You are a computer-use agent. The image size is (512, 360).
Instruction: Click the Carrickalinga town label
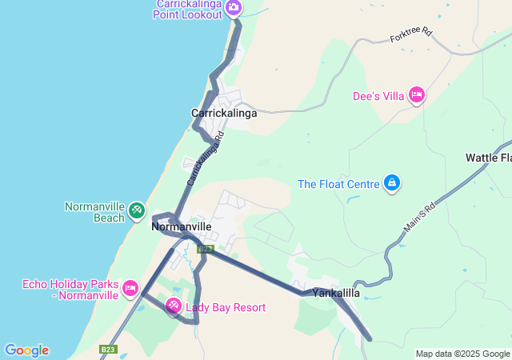pos(224,114)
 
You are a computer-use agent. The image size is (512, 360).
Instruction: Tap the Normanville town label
pos(182,226)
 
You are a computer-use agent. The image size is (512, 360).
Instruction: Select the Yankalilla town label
pos(336,293)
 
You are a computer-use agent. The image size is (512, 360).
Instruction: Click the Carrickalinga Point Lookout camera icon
pos(234,8)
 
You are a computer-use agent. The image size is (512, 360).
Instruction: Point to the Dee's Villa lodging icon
pos(416,96)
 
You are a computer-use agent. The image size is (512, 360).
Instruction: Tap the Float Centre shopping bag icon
pos(391,184)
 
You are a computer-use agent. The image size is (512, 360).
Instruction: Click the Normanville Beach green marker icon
pos(136,211)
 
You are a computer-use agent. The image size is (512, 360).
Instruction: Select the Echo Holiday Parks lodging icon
pos(130,287)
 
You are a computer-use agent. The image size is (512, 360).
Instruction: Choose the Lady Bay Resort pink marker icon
pos(174,306)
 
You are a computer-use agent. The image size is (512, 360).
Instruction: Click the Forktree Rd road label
pos(411,36)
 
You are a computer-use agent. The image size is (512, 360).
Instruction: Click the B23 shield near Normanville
pos(206,249)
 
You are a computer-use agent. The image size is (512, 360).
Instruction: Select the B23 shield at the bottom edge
pos(108,350)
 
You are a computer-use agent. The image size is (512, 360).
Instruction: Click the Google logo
pos(26,350)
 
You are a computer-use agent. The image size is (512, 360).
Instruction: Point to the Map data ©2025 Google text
pos(462,354)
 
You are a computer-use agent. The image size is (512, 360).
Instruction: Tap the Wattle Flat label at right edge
pos(489,158)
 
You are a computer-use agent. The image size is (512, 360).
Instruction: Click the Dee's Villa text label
pos(378,96)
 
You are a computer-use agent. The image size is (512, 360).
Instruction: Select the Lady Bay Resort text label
pos(226,307)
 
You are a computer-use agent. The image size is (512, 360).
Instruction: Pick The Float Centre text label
pos(338,184)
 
